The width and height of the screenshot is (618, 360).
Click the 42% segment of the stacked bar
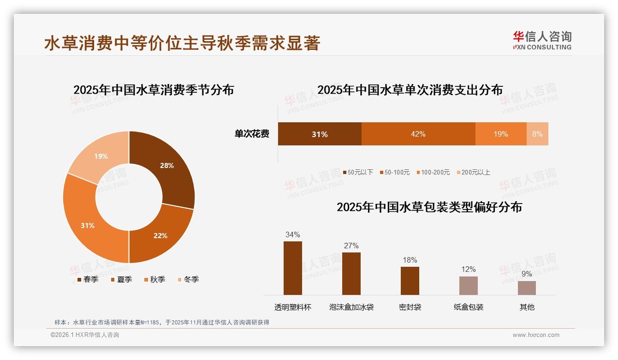(418, 134)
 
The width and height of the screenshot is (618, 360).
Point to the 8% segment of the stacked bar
(537, 134)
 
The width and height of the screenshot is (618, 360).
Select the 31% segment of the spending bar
(319, 134)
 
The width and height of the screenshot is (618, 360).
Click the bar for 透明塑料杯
(292, 268)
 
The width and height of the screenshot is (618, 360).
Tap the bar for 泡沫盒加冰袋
(351, 274)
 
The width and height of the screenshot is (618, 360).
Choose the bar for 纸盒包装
(468, 286)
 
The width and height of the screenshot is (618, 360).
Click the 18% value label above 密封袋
(410, 260)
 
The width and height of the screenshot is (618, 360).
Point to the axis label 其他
(527, 307)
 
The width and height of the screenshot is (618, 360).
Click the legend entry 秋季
(157, 279)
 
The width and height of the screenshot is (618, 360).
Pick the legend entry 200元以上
(475, 172)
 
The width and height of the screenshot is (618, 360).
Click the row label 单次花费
(252, 134)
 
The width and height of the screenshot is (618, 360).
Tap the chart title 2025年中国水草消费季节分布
(154, 90)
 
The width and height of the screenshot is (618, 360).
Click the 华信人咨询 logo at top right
(542, 40)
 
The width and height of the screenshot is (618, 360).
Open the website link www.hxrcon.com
(536, 335)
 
